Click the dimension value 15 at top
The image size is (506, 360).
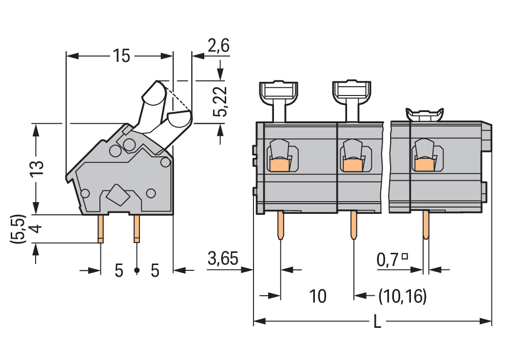click(x=121, y=56)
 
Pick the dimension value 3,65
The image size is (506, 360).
click(x=223, y=259)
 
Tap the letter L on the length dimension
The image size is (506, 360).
click(x=377, y=322)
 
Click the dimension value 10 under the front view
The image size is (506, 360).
click(x=318, y=296)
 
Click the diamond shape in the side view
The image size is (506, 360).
click(x=117, y=196)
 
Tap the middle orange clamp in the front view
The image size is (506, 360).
click(x=352, y=166)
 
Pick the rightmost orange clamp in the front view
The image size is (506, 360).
click(x=424, y=166)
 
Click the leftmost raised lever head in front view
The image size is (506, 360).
click(x=279, y=91)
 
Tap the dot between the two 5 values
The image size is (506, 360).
click(x=137, y=270)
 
